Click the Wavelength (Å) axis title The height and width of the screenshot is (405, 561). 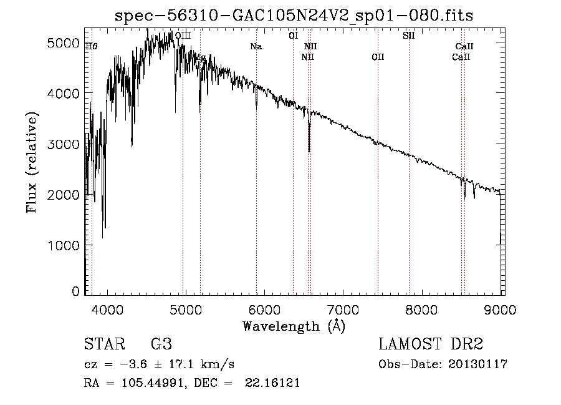[x=294, y=326]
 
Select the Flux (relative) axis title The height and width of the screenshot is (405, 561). [x=32, y=162]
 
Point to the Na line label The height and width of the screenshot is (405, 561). [x=256, y=46]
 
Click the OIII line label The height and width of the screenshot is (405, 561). [x=183, y=36]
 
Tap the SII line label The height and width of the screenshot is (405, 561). [x=408, y=36]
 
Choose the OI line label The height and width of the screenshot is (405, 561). [x=293, y=36]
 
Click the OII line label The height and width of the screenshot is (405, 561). [x=378, y=57]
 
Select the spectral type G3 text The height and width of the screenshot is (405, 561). [x=161, y=345]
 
